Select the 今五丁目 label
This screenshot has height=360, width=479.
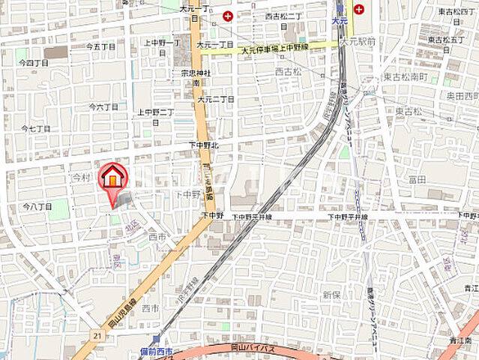100,46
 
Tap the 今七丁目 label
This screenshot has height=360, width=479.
36,128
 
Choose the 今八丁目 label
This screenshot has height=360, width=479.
37,206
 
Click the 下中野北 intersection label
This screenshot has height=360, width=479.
202,145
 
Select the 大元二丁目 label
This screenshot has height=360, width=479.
215,99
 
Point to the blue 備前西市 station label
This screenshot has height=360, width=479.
157,352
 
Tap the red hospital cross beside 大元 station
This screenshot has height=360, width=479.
360,9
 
